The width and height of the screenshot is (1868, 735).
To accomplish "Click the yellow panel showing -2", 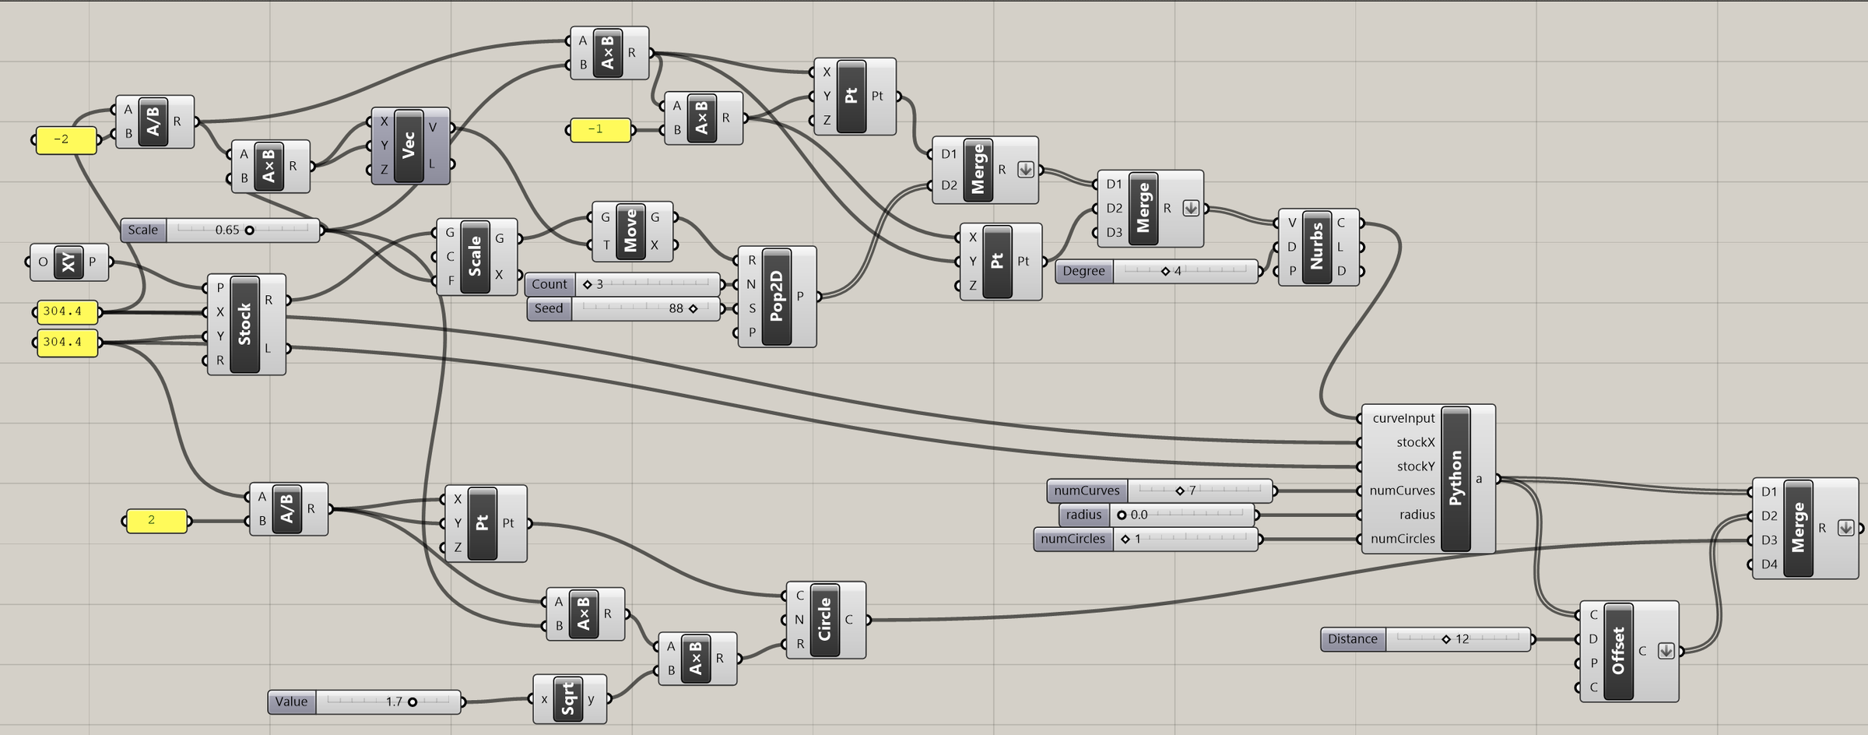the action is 66,140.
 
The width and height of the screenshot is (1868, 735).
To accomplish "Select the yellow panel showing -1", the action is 600,129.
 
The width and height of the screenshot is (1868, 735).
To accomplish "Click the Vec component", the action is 410,146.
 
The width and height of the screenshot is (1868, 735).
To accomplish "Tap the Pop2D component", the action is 777,297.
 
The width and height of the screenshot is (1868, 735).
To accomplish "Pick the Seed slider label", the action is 549,308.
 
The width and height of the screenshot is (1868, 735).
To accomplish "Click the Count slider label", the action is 550,284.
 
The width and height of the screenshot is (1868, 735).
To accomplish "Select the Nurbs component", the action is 1318,247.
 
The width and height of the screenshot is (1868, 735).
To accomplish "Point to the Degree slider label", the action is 1084,271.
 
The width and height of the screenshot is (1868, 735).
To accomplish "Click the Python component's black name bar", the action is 1455,478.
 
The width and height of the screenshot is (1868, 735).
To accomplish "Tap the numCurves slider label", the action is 1087,491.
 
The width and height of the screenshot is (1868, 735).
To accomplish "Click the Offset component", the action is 1629,651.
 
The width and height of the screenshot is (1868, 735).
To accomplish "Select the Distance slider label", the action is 1353,639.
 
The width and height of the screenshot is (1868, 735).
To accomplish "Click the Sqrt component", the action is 569,699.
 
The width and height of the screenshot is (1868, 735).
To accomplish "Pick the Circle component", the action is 826,620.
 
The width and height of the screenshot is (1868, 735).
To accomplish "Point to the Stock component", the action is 246,324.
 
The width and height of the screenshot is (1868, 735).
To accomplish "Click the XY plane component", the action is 68,262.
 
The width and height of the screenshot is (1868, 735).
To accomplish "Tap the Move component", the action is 632,231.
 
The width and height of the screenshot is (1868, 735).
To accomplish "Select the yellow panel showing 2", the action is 156,521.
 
